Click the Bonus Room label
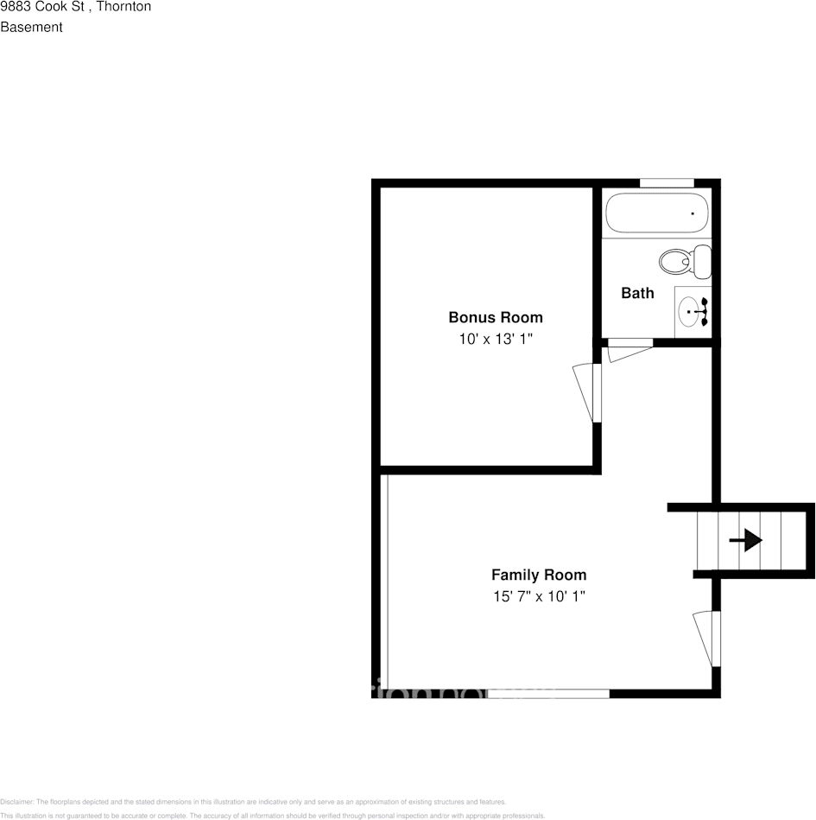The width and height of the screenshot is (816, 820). [x=495, y=317]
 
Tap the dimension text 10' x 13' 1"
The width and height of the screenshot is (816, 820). [x=495, y=340]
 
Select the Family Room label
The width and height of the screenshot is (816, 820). [x=538, y=575]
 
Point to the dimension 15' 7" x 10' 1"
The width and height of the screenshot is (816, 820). [x=538, y=596]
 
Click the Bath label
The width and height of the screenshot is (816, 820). [x=637, y=293]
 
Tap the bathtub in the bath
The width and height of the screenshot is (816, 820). [x=657, y=213]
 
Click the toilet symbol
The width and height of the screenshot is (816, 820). [x=685, y=259]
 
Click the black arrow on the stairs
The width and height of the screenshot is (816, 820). [x=745, y=541]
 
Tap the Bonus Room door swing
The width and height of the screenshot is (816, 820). [x=586, y=391]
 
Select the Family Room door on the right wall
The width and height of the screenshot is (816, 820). [x=706, y=638]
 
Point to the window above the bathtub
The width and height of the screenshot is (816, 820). [x=667, y=182]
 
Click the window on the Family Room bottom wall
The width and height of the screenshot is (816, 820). [x=549, y=693]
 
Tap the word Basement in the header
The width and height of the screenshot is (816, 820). [x=31, y=27]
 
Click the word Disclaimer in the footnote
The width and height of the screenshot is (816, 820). [x=16, y=802]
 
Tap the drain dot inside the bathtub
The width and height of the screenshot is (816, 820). [x=693, y=213]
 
